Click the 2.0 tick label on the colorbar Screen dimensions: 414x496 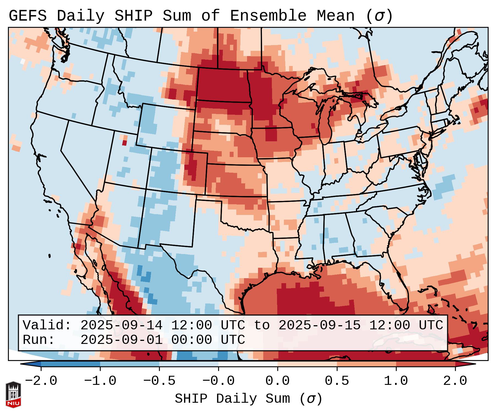455,381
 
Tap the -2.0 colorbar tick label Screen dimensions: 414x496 41,381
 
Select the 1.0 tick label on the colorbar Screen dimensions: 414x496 396,381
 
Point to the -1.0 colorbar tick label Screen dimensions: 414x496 100,381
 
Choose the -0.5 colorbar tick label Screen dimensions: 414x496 159,381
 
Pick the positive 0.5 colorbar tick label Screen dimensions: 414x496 337,381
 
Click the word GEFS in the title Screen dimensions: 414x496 28,16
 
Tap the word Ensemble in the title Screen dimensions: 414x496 268,16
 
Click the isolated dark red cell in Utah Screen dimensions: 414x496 124,143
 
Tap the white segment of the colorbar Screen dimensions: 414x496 248,364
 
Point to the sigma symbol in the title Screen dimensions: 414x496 379,16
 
